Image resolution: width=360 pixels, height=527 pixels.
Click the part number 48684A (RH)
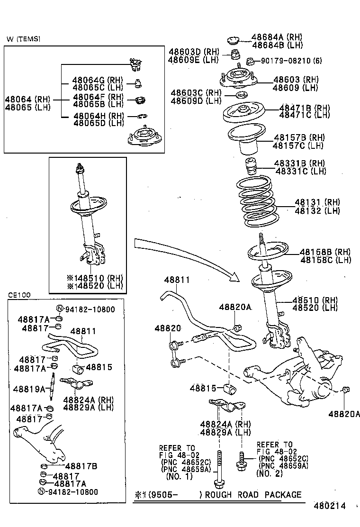point(277,37)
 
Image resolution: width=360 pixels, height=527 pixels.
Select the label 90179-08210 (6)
point(291,61)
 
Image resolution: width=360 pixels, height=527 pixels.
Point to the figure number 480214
point(329,506)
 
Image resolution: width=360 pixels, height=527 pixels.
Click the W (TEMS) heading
point(24,39)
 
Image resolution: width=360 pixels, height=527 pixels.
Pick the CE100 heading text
point(19,295)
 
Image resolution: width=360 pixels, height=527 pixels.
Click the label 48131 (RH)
point(317,202)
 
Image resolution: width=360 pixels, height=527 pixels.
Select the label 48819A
point(29,389)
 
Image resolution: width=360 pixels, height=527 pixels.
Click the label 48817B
point(81,466)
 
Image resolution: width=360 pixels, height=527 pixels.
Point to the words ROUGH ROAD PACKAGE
point(253,495)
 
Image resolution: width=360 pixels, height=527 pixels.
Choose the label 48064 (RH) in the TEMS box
point(27,100)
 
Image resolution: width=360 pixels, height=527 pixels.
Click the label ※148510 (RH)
point(95,278)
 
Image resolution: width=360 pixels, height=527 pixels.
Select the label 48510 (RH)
point(315,300)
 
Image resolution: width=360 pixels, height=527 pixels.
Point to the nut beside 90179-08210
point(250,61)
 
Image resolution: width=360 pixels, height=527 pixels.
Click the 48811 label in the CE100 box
point(83,331)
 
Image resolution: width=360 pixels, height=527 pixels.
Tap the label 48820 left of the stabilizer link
point(168,328)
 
